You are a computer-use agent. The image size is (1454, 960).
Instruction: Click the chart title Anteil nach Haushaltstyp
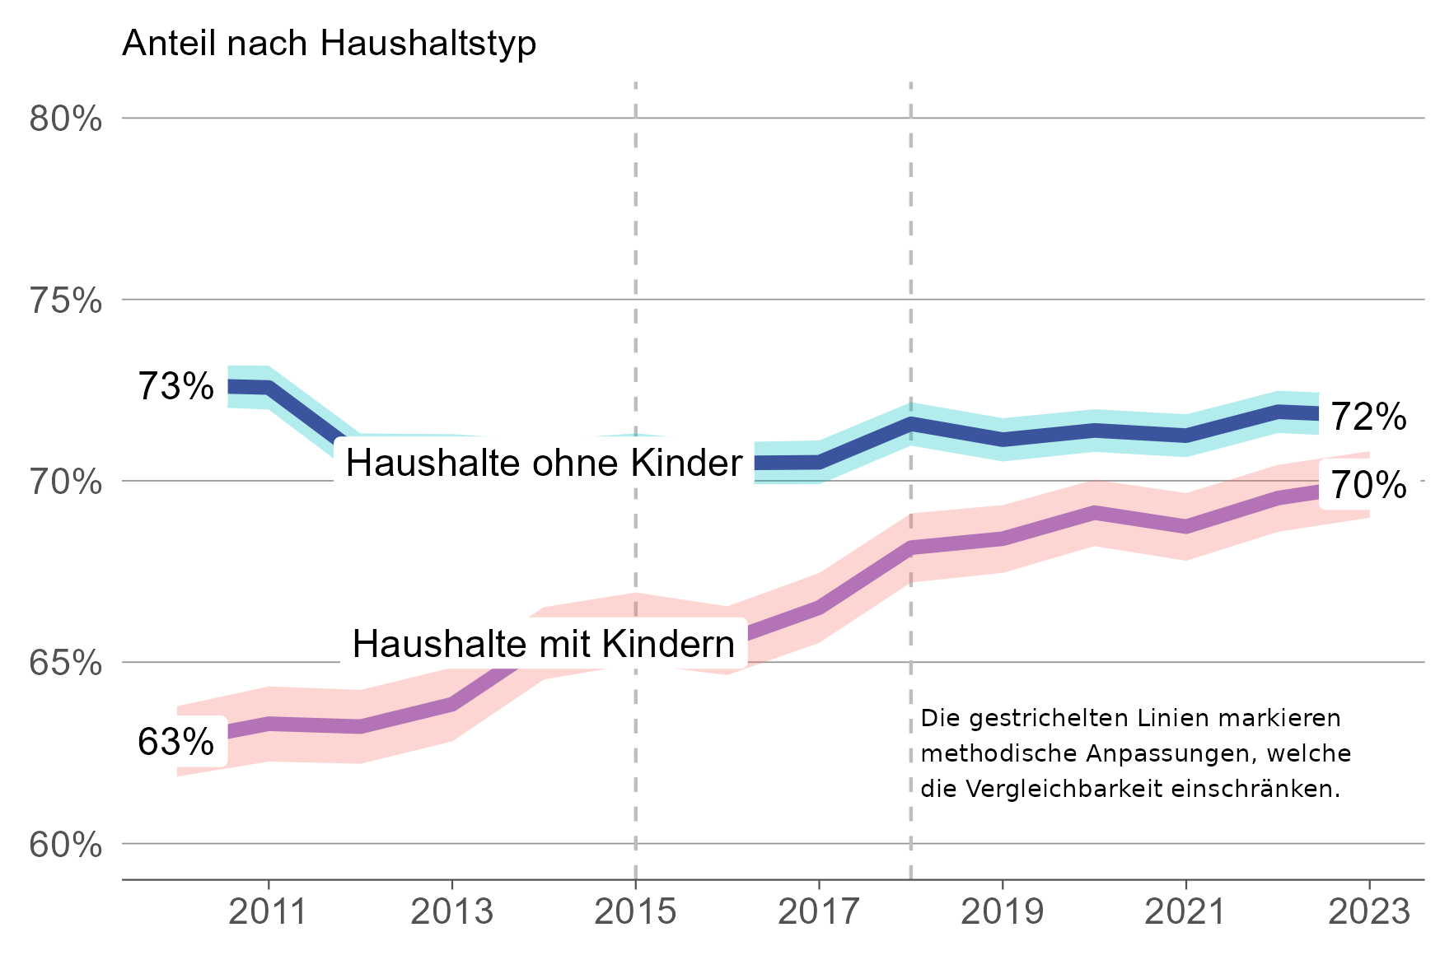pyautogui.click(x=329, y=43)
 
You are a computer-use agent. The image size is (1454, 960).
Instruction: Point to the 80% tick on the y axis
pyautogui.click(x=66, y=119)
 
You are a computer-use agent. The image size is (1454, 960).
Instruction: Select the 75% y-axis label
pyautogui.click(x=66, y=301)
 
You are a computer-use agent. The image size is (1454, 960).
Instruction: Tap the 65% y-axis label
pyautogui.click(x=66, y=663)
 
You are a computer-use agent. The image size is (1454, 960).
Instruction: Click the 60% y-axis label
pyautogui.click(x=66, y=845)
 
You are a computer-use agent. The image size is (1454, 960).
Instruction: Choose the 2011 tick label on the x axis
pyautogui.click(x=268, y=912)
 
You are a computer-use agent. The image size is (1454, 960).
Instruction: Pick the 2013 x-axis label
pyautogui.click(x=451, y=912)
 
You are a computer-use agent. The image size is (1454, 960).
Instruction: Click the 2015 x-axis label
pyautogui.click(x=635, y=912)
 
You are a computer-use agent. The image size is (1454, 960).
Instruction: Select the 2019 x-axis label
pyautogui.click(x=1002, y=912)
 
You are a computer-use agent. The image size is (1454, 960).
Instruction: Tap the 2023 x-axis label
pyautogui.click(x=1369, y=912)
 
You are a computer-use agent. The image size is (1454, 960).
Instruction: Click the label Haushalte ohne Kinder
pyautogui.click(x=544, y=463)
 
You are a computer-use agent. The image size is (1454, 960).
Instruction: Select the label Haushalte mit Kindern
pyautogui.click(x=544, y=644)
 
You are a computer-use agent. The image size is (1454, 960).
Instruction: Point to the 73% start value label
pyautogui.click(x=175, y=386)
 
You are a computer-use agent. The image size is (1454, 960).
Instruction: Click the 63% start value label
pyautogui.click(x=175, y=742)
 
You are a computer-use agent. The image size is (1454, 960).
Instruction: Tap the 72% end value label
pyautogui.click(x=1368, y=417)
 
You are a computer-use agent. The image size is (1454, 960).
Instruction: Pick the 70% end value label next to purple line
pyautogui.click(x=1368, y=486)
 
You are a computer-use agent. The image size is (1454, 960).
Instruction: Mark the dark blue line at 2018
pyautogui.click(x=910, y=425)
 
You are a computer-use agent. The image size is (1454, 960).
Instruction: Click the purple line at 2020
pyautogui.click(x=1094, y=514)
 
